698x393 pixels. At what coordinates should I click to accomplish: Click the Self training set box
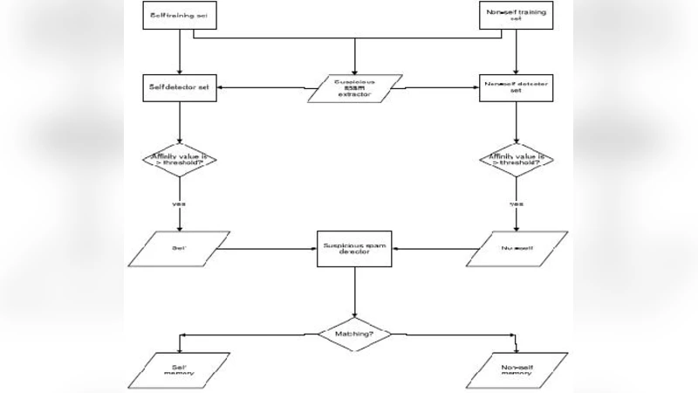pyautogui.click(x=179, y=17)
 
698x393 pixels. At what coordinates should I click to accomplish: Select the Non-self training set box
pyautogui.click(x=517, y=17)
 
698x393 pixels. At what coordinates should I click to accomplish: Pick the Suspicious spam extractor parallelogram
pyautogui.click(x=354, y=89)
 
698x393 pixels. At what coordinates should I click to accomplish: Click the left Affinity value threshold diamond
pyautogui.click(x=179, y=160)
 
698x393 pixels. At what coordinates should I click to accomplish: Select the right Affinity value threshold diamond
pyautogui.click(x=517, y=160)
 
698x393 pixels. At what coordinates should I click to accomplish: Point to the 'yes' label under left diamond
pyautogui.click(x=179, y=203)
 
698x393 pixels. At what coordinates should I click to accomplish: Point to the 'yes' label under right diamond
pyautogui.click(x=517, y=203)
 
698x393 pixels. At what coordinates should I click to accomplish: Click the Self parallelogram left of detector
pyautogui.click(x=179, y=248)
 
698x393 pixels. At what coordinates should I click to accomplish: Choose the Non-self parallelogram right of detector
pyautogui.click(x=517, y=248)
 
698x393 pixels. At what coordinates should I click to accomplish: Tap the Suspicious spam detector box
pyautogui.click(x=354, y=249)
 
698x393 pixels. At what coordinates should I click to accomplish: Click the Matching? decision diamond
pyautogui.click(x=354, y=334)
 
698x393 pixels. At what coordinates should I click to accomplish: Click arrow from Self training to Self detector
pyautogui.click(x=179, y=52)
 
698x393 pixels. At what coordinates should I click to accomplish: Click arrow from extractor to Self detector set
pyautogui.click(x=262, y=87)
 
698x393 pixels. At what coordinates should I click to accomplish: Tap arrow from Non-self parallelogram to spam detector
pyautogui.click(x=436, y=249)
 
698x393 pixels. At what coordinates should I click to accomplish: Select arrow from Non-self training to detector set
pyautogui.click(x=517, y=52)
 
